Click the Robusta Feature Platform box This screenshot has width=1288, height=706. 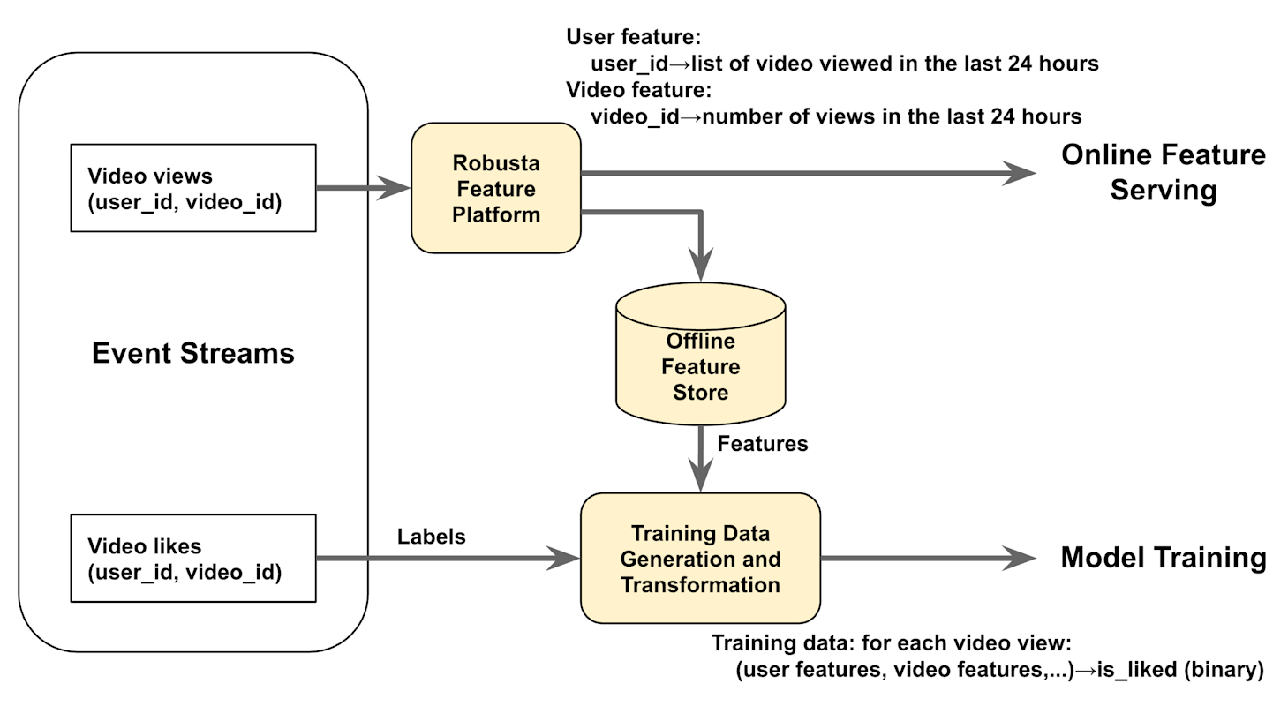coord(495,188)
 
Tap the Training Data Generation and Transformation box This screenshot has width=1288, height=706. coord(700,559)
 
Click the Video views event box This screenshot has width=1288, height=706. coord(192,188)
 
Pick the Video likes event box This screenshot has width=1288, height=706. coord(192,559)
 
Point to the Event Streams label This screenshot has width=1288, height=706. coord(192,354)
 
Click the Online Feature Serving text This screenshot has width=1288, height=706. coord(1163,172)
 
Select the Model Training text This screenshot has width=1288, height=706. coord(1163,558)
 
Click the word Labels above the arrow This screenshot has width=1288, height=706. coord(431,537)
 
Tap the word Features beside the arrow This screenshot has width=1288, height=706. coord(763,444)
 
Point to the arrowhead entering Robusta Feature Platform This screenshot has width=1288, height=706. coord(397,187)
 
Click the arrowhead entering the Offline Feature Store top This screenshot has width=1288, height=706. coord(700,267)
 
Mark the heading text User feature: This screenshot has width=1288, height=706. coord(633,37)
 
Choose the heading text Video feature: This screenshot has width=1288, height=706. coord(638,89)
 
